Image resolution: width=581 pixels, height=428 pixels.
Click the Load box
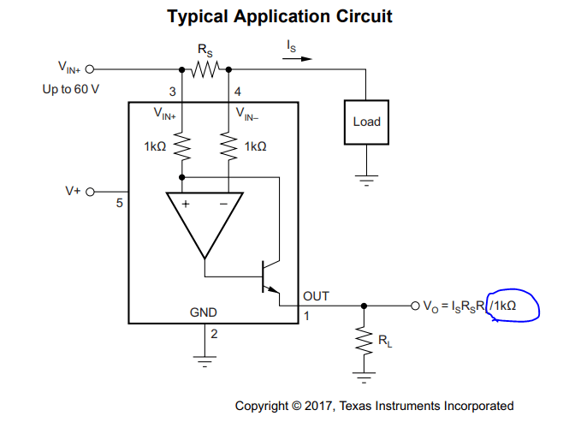[x=366, y=122]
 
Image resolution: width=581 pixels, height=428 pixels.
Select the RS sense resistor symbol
[x=205, y=68]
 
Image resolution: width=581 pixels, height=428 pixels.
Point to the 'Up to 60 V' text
[x=71, y=88]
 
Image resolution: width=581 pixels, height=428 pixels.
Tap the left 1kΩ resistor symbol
[x=181, y=146]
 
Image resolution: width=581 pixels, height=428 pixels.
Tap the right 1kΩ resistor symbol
[x=229, y=146]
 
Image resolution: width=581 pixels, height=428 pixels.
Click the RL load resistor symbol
[x=364, y=340]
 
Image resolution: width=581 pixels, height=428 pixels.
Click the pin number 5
[x=120, y=204]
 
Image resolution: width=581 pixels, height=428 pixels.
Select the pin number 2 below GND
[x=214, y=334]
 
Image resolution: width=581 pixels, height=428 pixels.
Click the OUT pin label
[x=316, y=296]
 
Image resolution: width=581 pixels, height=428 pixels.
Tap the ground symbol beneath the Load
[x=366, y=181]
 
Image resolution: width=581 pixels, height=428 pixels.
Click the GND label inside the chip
[x=203, y=312]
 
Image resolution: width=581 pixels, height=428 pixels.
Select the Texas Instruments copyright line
[x=374, y=406]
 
